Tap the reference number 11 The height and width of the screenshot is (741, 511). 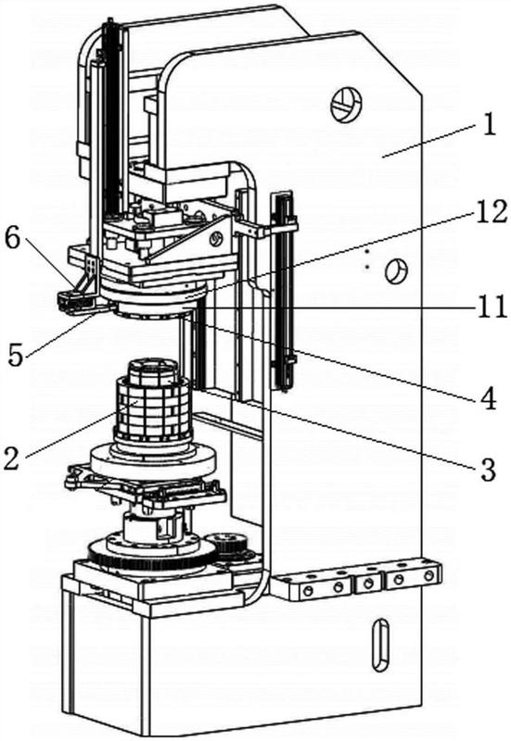click(x=491, y=308)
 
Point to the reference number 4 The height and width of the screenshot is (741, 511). click(x=489, y=398)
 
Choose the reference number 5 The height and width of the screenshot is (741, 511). click(x=16, y=356)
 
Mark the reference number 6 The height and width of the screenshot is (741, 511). click(x=12, y=240)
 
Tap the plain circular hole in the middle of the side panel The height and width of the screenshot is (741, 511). click(x=397, y=270)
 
